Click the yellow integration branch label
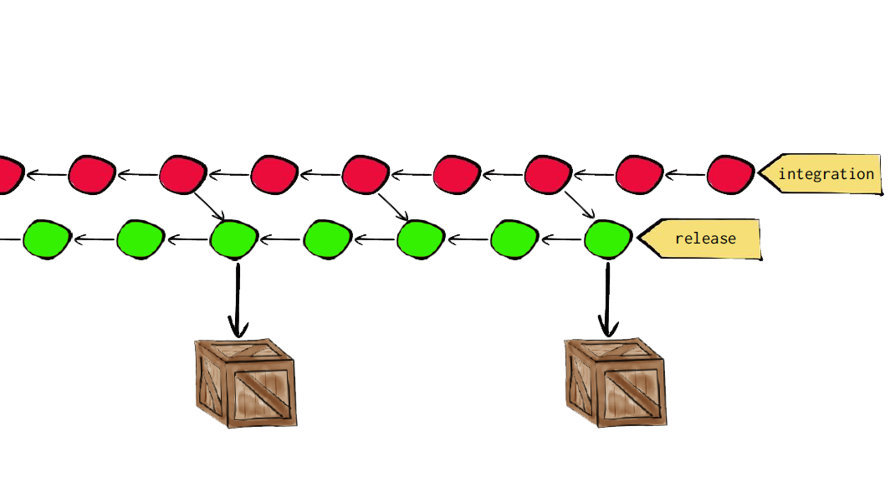pos(824,174)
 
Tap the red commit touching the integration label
pos(731,175)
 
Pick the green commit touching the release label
pos(608,239)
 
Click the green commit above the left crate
pos(233,239)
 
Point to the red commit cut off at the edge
pos(7,175)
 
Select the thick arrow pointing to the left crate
pos(238,300)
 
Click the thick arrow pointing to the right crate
pos(608,300)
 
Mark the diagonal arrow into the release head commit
pos(579,204)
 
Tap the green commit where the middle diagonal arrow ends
pos(420,239)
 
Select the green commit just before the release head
pos(514,239)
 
